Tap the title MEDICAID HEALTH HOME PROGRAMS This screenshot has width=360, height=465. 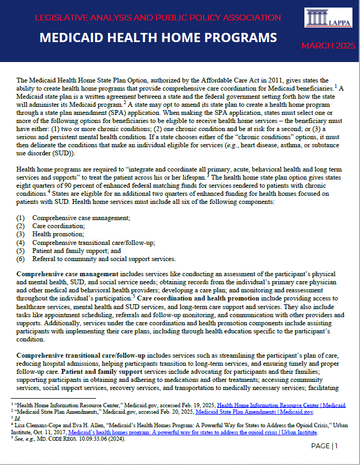coord(158,38)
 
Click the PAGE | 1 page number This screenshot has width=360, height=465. coord(324,446)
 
